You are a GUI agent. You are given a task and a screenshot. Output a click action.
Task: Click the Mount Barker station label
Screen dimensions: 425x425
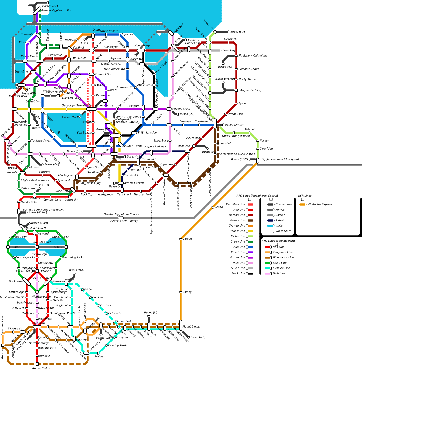point(192,326)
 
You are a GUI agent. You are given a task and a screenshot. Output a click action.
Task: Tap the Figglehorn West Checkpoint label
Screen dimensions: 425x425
point(280,159)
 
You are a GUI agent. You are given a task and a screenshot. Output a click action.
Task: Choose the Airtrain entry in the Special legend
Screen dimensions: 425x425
point(280,220)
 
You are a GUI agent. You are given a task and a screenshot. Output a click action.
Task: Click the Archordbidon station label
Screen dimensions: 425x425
point(41,368)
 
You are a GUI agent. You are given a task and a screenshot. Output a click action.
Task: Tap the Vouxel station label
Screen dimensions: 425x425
point(187,239)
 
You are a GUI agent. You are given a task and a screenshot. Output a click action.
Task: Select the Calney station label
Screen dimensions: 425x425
point(187,292)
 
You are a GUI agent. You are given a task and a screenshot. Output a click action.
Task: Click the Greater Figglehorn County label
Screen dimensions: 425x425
point(121,214)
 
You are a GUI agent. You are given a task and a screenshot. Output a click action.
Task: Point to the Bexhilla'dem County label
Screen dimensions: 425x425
point(124,221)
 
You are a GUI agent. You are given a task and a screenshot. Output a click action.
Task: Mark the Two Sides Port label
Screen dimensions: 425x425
point(41,242)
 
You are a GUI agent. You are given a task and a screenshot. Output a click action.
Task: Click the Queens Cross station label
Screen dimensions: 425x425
point(181,109)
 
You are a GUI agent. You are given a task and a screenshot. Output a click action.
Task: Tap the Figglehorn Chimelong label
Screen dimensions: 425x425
point(253,56)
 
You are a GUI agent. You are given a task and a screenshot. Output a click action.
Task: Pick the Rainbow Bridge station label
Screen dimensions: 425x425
point(249,69)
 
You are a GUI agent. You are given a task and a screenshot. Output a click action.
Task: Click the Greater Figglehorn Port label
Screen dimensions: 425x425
point(57,10)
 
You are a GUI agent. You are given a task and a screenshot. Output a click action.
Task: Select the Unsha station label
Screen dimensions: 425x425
point(219,207)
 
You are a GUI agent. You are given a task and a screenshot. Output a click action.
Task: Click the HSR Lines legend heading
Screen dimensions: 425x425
point(305,196)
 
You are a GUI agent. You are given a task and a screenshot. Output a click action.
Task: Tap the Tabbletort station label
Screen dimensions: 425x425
point(252,129)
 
